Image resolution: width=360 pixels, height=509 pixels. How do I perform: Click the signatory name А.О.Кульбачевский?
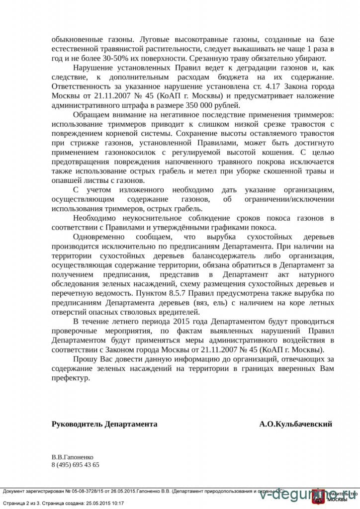coord(295,424)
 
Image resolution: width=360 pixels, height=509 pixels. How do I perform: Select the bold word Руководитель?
coord(77,424)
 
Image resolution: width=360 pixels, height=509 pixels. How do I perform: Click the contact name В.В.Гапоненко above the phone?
coord(72,457)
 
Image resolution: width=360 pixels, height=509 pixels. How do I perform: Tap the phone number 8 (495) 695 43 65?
coord(75,465)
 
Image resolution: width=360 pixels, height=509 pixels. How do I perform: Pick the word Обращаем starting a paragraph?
coord(90,115)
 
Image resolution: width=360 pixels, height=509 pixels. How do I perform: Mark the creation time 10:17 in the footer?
coord(116,503)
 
